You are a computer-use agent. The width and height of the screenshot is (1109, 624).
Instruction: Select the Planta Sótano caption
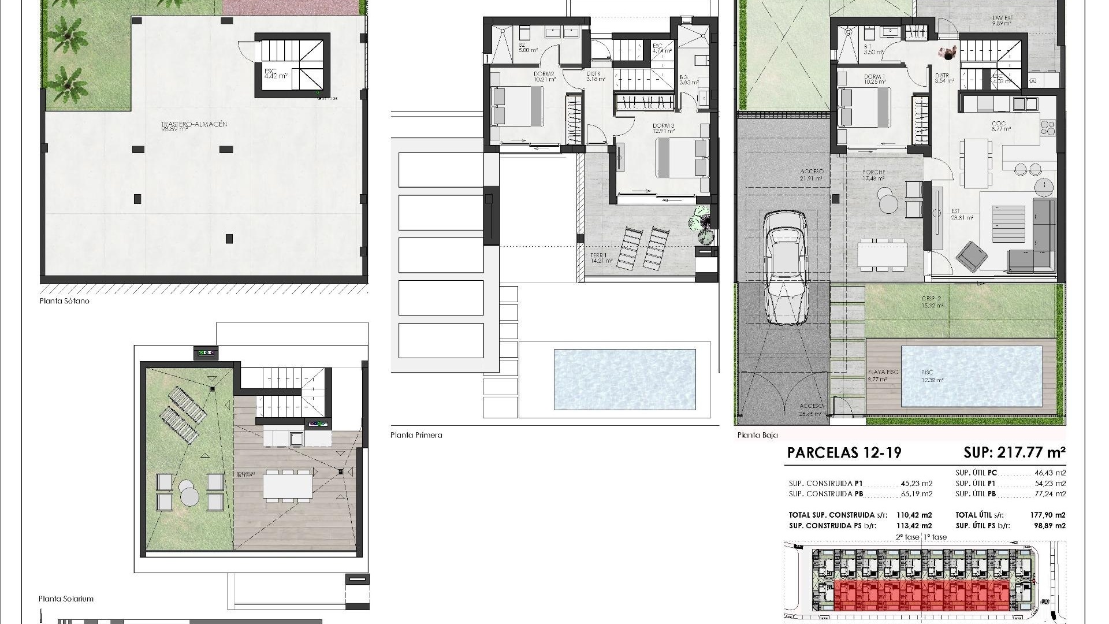(65, 301)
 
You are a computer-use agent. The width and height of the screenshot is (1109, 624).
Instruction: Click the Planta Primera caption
(416, 435)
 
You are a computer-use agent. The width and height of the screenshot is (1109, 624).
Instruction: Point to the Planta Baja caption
(757, 435)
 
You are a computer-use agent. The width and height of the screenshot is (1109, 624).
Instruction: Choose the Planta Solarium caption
(66, 599)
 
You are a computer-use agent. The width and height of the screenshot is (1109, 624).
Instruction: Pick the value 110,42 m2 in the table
(914, 515)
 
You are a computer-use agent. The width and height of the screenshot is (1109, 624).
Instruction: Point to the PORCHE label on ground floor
(873, 172)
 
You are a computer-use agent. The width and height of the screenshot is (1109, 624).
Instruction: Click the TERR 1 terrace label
(598, 255)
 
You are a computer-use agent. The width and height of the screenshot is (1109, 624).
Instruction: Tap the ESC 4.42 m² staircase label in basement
(270, 72)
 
